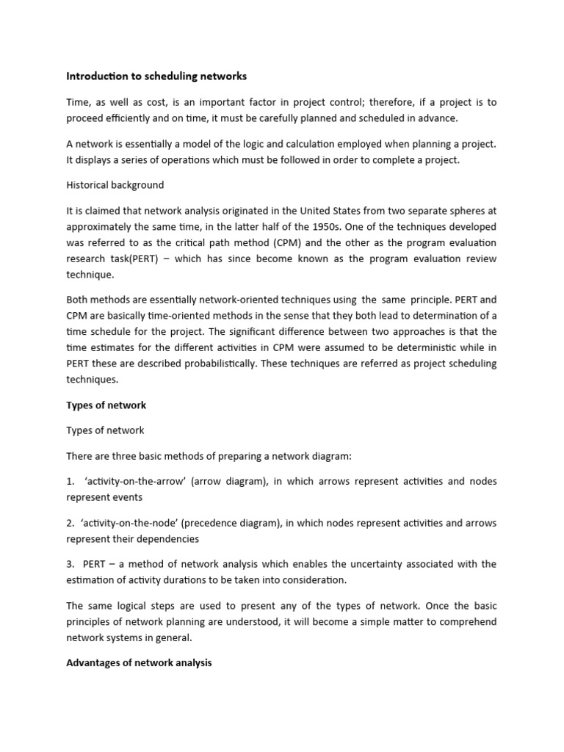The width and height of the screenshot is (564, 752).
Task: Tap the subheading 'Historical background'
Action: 115,184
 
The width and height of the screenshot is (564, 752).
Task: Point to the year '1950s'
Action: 373,227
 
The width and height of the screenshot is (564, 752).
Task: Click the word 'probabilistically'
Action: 223,364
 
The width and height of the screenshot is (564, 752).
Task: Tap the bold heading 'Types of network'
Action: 106,405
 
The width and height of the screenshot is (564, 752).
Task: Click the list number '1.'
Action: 70,481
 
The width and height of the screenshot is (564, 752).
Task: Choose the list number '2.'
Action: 70,523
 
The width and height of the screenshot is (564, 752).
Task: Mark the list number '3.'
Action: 70,564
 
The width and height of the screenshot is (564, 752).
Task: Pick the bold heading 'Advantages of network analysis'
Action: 139,662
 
